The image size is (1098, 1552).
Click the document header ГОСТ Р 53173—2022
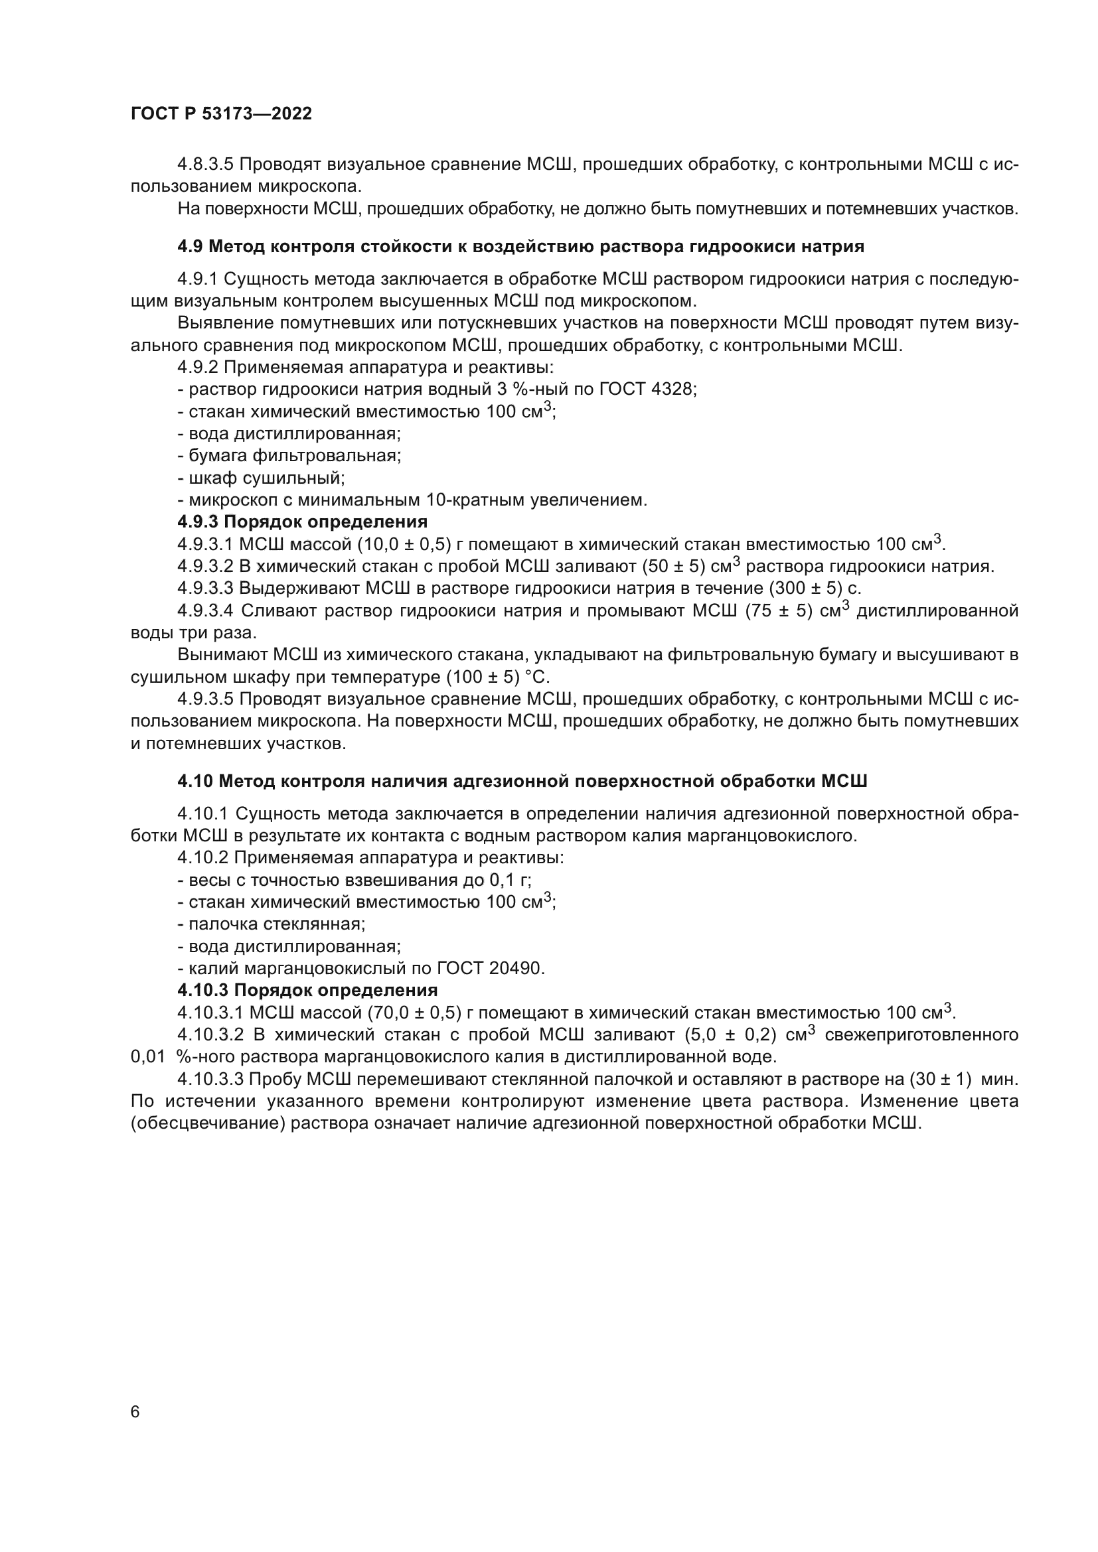221,114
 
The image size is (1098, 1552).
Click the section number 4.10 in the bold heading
195,782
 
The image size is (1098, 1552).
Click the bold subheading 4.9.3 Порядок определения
302,522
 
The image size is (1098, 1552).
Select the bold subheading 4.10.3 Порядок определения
307,990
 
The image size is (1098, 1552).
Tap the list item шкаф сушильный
266,478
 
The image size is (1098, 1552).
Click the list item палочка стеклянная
277,924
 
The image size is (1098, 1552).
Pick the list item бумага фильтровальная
294,456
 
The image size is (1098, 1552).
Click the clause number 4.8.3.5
206,165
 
